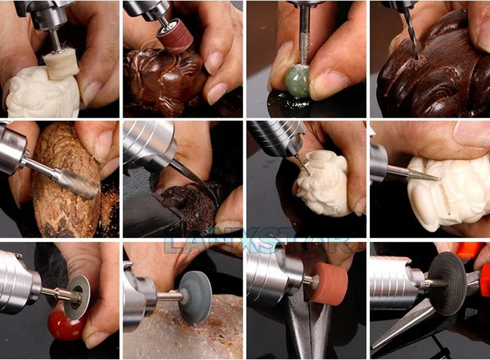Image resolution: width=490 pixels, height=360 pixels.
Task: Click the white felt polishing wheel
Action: (61, 64)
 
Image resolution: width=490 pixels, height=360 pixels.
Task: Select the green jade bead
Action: (297, 81)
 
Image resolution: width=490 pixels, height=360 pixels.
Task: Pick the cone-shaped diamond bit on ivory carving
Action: (424, 176)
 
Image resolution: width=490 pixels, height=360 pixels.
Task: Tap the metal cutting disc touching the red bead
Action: (77, 297)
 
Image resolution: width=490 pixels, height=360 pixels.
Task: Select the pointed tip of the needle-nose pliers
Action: (374, 347)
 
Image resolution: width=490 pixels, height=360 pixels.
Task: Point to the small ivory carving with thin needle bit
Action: (323, 184)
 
